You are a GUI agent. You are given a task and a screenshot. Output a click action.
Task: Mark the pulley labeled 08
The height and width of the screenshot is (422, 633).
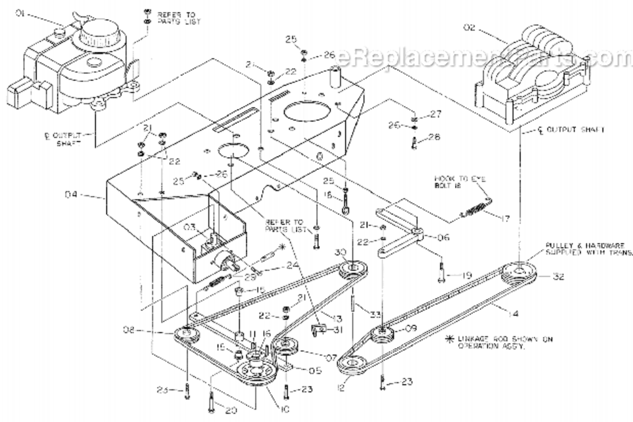[x=185, y=334]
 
